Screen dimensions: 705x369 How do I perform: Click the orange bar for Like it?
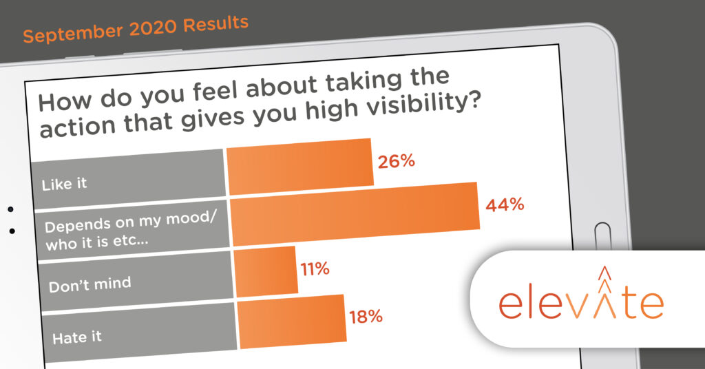(300, 167)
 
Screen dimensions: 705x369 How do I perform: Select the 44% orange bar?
(355, 214)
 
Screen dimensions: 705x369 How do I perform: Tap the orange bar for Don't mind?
(266, 271)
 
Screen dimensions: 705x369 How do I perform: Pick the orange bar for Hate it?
(292, 321)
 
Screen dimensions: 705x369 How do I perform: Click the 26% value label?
(396, 161)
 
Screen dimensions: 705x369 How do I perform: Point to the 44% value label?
(505, 205)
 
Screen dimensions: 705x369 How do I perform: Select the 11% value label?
(315, 269)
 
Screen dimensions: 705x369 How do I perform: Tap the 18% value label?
(366, 317)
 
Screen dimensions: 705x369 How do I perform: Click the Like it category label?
(64, 184)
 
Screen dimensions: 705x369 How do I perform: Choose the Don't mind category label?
(90, 284)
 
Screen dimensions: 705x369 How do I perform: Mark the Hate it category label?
(77, 337)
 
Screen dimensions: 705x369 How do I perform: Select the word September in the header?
(73, 33)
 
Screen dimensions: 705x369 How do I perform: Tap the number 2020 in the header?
(154, 28)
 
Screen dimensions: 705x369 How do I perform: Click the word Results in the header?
(215, 23)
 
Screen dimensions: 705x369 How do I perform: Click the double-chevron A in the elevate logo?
(605, 293)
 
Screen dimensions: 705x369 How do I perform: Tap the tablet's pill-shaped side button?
(602, 235)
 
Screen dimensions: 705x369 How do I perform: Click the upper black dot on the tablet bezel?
(11, 209)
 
